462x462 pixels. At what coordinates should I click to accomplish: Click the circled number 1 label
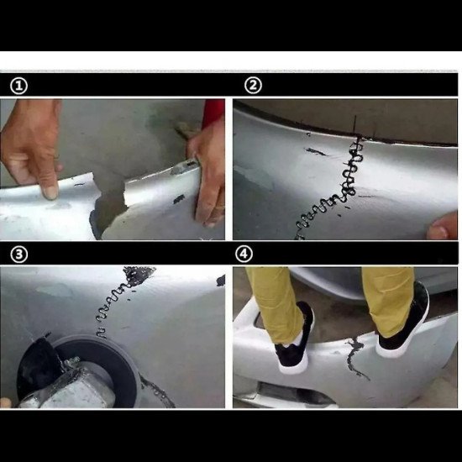point(18,86)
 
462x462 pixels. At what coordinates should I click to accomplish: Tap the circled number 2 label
point(253,86)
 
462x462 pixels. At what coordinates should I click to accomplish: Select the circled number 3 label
point(18,255)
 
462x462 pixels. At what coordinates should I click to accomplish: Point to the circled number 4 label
point(244,254)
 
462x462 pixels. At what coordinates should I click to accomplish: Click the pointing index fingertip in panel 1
point(50,192)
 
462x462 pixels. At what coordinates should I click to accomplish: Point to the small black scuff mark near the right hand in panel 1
point(179,199)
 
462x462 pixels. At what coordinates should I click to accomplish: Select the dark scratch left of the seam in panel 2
point(316,152)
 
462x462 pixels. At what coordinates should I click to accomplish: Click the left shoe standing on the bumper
point(295,342)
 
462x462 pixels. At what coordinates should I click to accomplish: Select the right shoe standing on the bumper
point(405,321)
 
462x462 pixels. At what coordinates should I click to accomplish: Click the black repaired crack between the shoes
point(355,357)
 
